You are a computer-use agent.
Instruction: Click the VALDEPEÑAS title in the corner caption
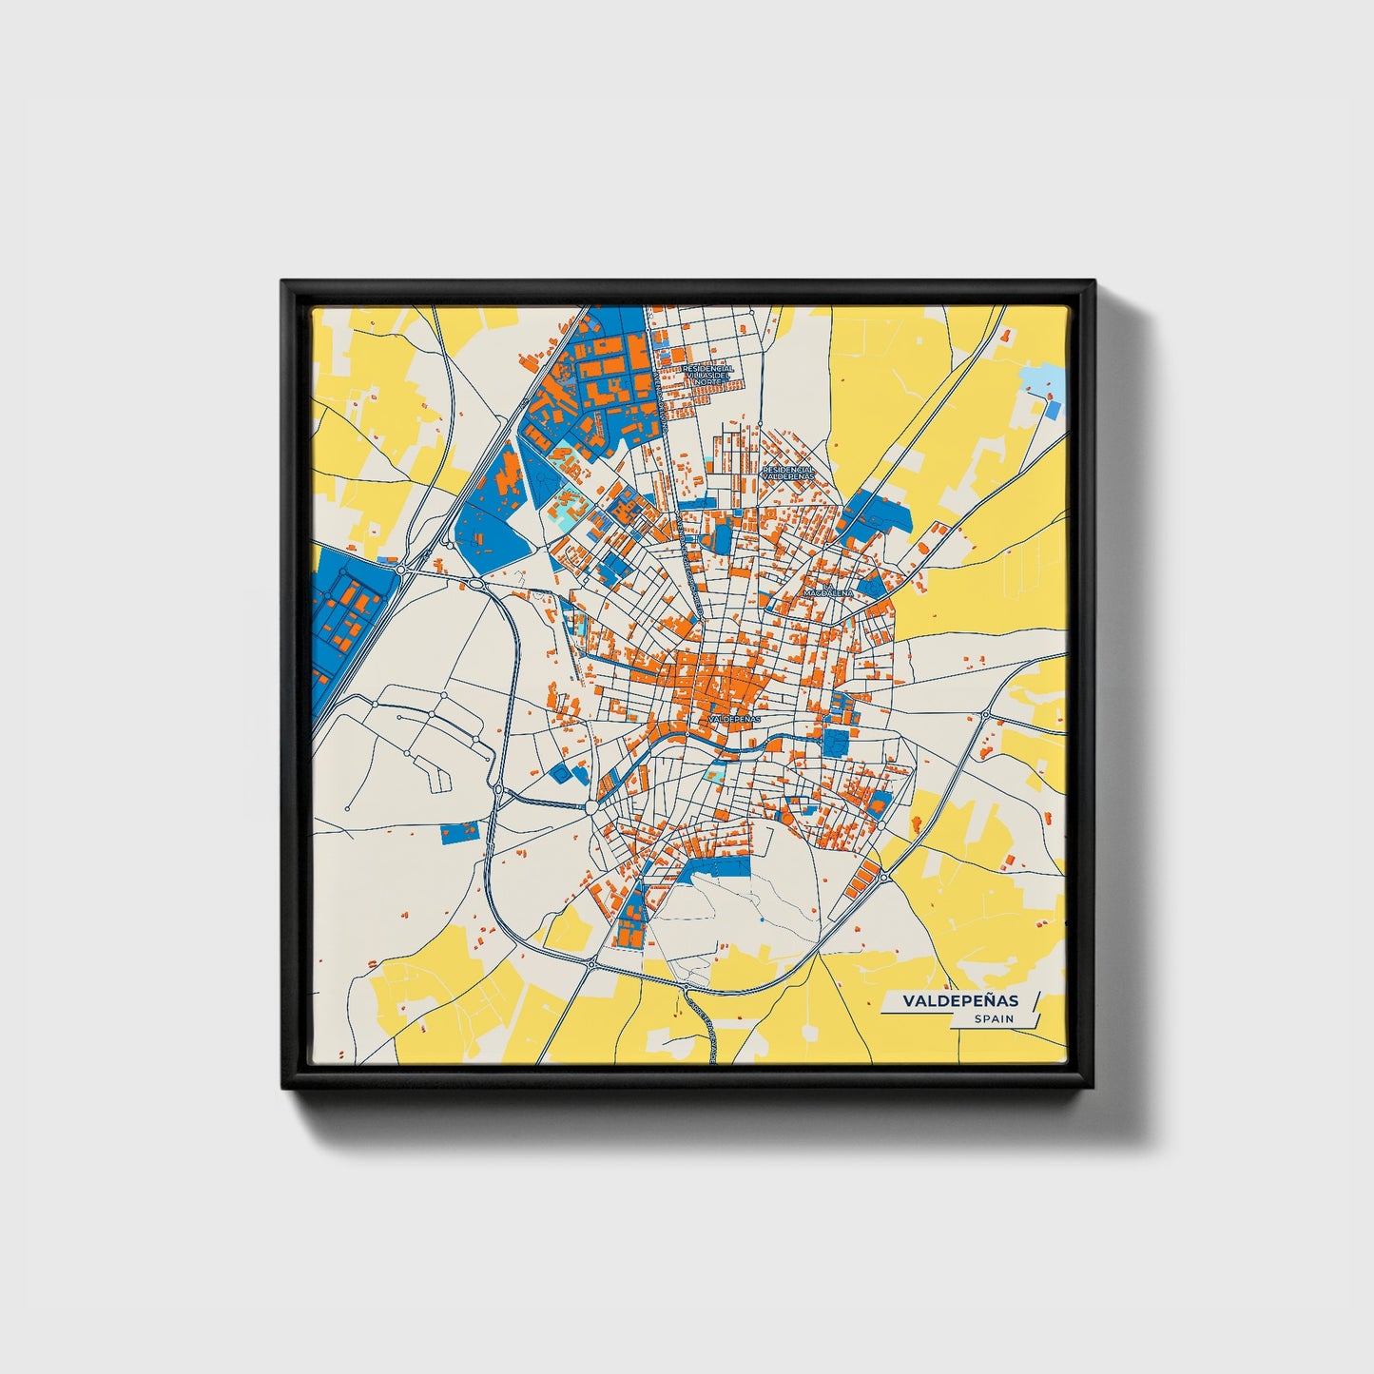(959, 1000)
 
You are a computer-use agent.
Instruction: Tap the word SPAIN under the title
(993, 1019)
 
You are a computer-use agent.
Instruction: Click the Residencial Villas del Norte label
(707, 374)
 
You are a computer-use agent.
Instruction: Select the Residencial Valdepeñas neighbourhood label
(788, 472)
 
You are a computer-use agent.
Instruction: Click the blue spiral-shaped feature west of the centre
(562, 775)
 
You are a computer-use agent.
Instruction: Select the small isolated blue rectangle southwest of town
(460, 834)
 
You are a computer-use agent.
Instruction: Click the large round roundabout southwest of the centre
(592, 807)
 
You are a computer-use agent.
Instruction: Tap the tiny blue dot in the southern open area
(762, 920)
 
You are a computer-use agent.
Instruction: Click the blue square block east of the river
(835, 742)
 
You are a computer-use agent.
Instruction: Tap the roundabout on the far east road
(986, 715)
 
